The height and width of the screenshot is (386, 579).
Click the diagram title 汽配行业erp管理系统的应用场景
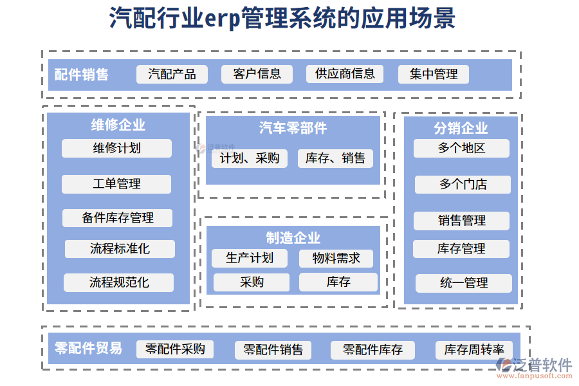282,19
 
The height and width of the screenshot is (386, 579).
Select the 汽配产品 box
172,74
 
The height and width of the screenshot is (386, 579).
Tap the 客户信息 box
257,74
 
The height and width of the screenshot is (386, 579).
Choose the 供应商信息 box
344,74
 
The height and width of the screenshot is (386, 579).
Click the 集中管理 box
434,75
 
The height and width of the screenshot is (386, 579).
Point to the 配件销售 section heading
81,75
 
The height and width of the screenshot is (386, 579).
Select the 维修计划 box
116,148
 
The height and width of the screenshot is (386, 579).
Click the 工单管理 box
116,184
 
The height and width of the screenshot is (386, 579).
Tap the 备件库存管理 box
117,217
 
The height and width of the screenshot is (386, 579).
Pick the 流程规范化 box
119,282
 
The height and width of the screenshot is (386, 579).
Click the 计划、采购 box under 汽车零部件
250,158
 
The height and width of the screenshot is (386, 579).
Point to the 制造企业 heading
293,238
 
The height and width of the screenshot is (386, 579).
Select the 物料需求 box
336,259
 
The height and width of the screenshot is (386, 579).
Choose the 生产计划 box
250,259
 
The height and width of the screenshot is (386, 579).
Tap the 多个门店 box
463,185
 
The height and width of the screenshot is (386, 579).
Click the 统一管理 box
463,283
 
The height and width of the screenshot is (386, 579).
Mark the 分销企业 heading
461,128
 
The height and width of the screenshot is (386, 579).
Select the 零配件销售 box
273,350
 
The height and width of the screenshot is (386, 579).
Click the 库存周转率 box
474,350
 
